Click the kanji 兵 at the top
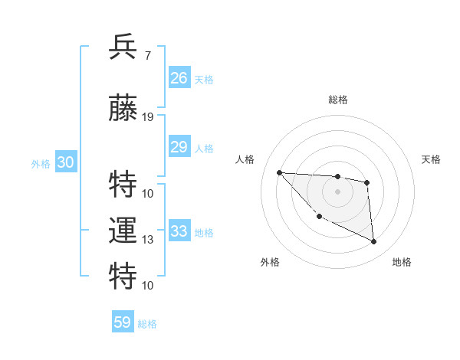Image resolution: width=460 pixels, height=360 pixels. [123, 47]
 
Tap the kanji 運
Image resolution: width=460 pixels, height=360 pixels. [123, 230]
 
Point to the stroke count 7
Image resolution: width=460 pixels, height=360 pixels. [148, 55]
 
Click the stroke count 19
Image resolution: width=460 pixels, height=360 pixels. [148, 117]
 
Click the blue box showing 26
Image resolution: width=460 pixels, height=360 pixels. [179, 78]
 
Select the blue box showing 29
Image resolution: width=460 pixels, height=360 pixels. [179, 147]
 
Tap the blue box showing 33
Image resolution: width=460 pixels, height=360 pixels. [179, 231]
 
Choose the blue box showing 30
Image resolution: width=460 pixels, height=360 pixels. [66, 162]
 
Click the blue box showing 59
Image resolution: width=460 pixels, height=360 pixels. [123, 322]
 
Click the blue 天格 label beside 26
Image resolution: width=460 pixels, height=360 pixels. [204, 80]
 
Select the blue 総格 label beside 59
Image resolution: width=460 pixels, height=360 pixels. [147, 324]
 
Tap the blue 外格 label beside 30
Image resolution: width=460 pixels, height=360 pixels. [41, 163]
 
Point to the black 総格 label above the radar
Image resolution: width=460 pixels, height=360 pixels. [337, 100]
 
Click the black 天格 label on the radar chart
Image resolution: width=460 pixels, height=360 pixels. [432, 159]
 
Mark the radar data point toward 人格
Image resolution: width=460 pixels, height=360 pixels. [279, 172]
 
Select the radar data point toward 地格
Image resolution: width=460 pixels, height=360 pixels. [374, 242]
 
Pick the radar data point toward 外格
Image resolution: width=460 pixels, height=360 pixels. [319, 217]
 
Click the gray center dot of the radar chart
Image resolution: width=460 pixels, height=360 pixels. [337, 191]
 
